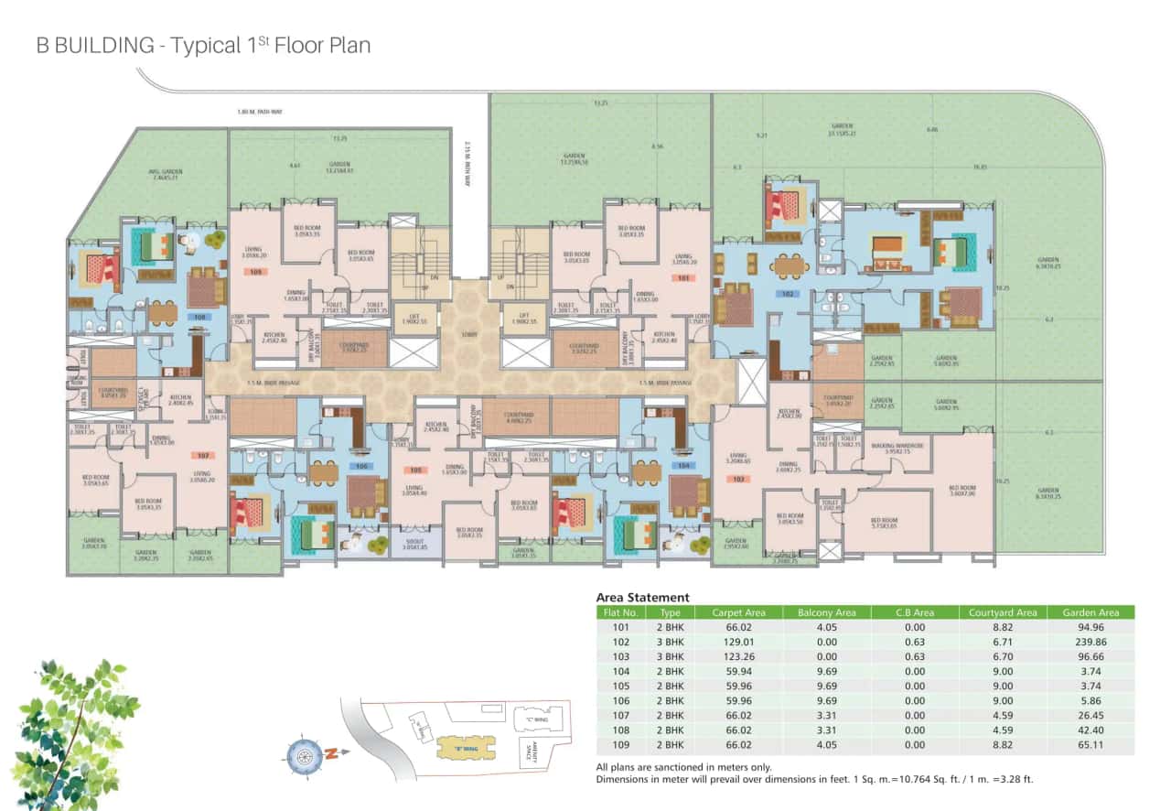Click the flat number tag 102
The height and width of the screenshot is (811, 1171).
tap(786, 295)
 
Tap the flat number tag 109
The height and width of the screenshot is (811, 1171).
tap(256, 273)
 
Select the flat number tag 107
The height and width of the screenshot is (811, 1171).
tap(203, 455)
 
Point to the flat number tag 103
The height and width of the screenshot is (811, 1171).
tap(740, 478)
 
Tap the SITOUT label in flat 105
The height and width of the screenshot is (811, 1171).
tap(414, 543)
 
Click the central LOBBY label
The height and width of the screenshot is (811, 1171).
tap(470, 335)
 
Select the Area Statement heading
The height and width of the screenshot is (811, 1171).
tap(642, 597)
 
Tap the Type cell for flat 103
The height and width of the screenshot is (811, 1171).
tap(671, 656)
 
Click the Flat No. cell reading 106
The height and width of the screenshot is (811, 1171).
tap(621, 700)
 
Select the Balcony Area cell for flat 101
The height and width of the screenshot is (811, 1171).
tap(826, 627)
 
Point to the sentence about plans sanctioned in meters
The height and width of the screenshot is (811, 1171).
tap(683, 767)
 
